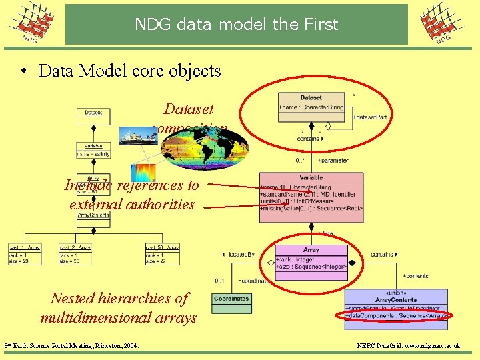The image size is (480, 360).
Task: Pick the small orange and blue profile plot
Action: tap(143, 173)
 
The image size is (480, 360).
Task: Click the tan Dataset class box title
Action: tap(311, 98)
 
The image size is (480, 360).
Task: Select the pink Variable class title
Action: tap(311, 178)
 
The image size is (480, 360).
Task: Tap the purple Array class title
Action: tap(311, 250)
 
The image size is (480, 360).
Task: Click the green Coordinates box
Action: tap(231, 299)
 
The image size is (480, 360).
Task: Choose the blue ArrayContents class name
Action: tap(396, 300)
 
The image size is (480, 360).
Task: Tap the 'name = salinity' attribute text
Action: tap(93, 154)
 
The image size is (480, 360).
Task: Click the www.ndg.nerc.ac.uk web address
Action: tap(430, 347)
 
